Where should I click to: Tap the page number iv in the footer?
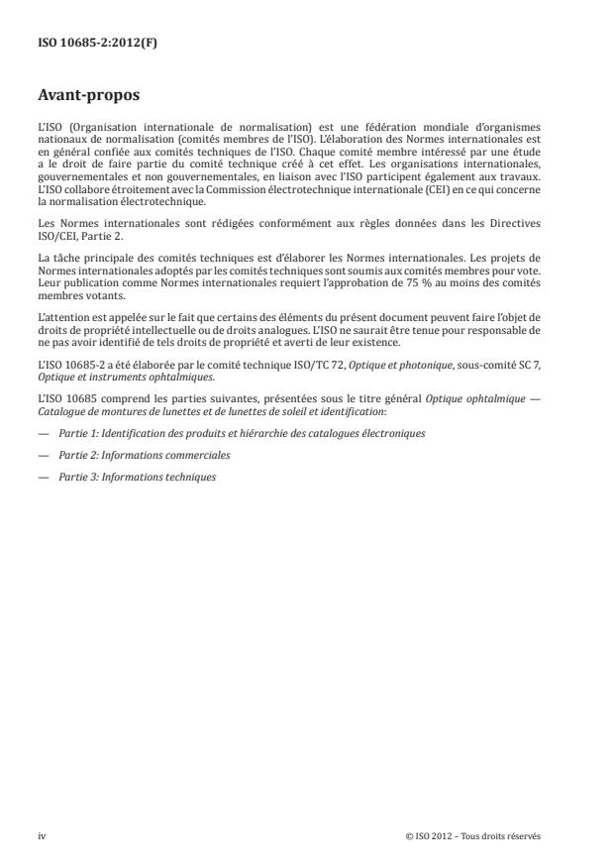(42, 836)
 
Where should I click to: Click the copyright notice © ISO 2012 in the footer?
(473, 836)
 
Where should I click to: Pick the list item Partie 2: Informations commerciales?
(144, 454)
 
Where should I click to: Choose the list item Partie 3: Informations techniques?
(137, 477)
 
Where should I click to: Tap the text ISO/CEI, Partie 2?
(79, 234)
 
